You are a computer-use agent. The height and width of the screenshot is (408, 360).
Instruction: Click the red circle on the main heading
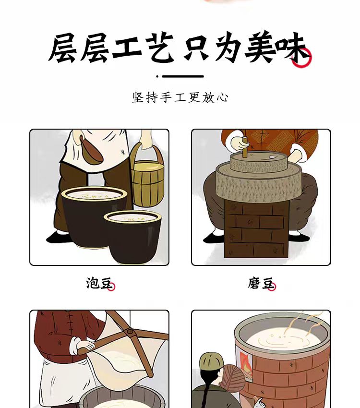pos(301,58)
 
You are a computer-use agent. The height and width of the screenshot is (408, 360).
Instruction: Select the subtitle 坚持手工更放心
pos(180,97)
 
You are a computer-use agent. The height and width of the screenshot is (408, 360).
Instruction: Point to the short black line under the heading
pos(183,76)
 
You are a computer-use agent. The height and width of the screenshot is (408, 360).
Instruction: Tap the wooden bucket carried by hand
pos(147,177)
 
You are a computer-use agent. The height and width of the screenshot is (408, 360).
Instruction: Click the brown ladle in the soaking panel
pos(92,150)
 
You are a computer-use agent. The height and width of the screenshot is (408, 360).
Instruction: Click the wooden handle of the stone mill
pos(245,147)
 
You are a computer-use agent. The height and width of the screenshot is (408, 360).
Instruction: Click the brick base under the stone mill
pos(256,230)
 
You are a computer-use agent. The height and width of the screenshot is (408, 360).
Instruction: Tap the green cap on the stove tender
pos(212,362)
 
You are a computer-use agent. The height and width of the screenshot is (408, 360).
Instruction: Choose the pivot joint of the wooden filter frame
pos(130,331)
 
